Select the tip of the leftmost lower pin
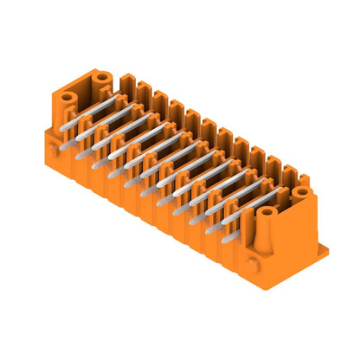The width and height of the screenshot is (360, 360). click(79, 157)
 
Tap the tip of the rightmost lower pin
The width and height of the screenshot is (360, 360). click(226, 239)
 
